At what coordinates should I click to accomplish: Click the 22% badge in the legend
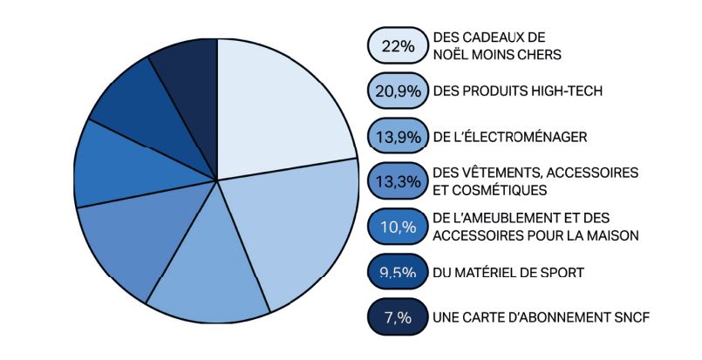click(397, 46)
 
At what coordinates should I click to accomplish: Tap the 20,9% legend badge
click(397, 92)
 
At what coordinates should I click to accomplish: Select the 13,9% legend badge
click(397, 137)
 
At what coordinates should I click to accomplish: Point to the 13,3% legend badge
click(397, 182)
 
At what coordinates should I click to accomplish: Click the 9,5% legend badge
click(397, 273)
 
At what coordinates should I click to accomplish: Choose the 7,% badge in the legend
click(397, 317)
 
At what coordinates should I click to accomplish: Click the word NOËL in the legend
click(452, 54)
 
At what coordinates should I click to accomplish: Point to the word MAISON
click(615, 234)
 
